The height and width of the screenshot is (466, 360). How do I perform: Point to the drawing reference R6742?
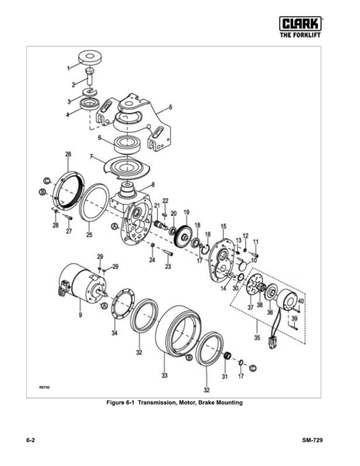click(45, 387)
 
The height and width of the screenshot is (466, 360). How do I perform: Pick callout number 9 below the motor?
click(81, 315)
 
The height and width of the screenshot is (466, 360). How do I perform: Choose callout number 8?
click(154, 184)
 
